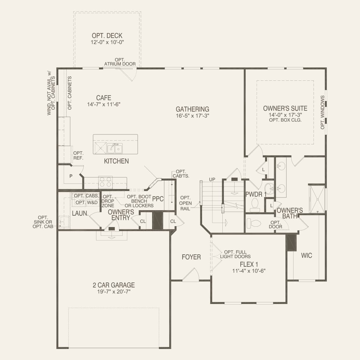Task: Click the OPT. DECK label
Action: pyautogui.click(x=107, y=36)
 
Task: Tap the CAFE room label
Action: pyautogui.click(x=104, y=98)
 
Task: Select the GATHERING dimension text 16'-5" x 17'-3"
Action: pyautogui.click(x=192, y=116)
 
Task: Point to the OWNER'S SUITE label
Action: pyautogui.click(x=285, y=108)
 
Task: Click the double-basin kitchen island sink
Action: pyautogui.click(x=115, y=148)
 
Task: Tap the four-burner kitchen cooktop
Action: pyautogui.click(x=105, y=182)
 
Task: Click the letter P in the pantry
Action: pyautogui.click(x=71, y=176)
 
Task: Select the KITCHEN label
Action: pyautogui.click(x=116, y=161)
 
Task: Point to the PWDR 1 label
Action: pyautogui.click(x=256, y=195)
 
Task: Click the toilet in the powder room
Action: pyautogui.click(x=255, y=205)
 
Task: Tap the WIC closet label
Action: pyautogui.click(x=307, y=255)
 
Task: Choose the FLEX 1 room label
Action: pyautogui.click(x=249, y=264)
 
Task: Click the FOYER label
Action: pyautogui.click(x=191, y=257)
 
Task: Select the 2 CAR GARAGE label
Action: pyautogui.click(x=114, y=285)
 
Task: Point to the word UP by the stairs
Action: pyautogui.click(x=212, y=179)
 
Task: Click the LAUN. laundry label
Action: pyautogui.click(x=80, y=213)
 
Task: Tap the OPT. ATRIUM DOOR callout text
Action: pyautogui.click(x=120, y=62)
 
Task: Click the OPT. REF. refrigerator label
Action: pyautogui.click(x=78, y=156)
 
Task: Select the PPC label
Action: pyautogui.click(x=158, y=199)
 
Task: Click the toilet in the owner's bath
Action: pyautogui.click(x=254, y=224)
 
